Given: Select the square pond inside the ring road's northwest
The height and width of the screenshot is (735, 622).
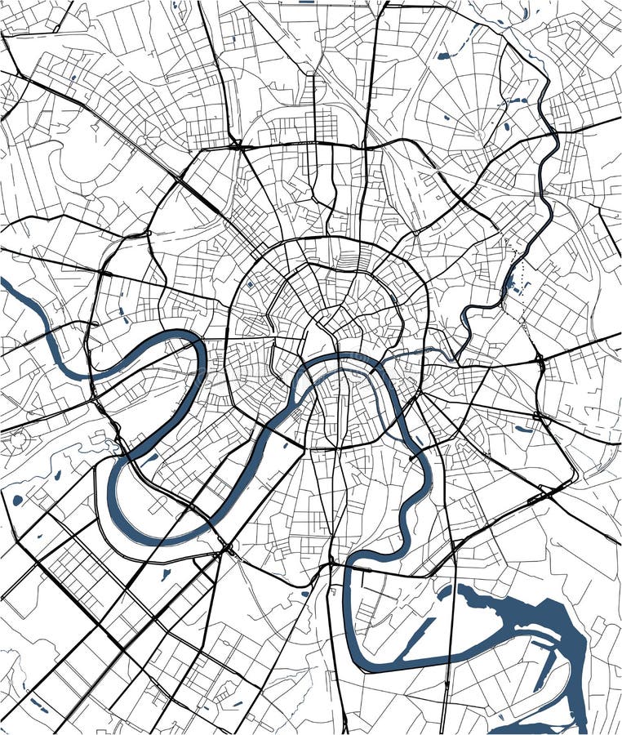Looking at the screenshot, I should [x=249, y=285].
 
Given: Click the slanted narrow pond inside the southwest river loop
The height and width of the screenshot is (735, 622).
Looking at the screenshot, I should [x=150, y=459].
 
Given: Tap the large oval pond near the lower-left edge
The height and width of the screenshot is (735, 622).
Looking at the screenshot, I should [x=17, y=500].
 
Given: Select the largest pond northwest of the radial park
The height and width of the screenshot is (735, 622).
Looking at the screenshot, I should [x=443, y=56].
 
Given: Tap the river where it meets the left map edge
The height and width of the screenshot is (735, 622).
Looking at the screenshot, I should [x=7, y=283].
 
